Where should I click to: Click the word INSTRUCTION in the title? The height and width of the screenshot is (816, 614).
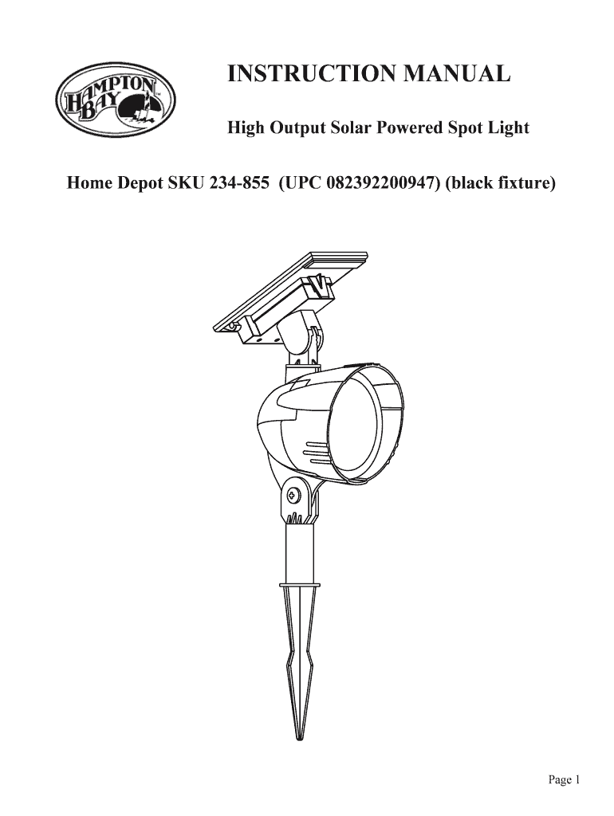(306, 75)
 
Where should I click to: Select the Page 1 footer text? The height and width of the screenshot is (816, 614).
(563, 780)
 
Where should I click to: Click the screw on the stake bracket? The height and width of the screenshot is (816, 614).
(293, 495)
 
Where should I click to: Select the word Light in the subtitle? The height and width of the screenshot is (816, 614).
(507, 127)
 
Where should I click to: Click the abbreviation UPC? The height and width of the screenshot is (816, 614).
(302, 184)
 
